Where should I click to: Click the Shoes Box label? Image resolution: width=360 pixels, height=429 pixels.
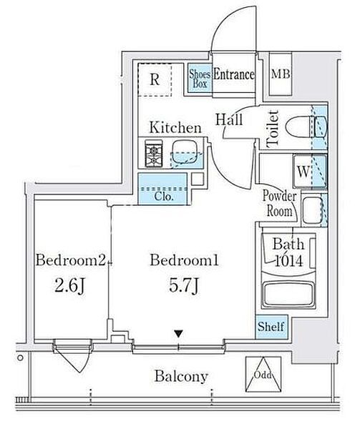coord(200,79)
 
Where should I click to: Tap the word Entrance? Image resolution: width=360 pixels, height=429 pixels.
coord(233,74)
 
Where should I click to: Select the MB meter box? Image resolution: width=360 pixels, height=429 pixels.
coord(281,74)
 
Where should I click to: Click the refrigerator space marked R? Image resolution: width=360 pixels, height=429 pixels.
coord(155,79)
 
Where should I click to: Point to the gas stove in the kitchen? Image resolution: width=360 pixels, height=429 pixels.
coord(154,154)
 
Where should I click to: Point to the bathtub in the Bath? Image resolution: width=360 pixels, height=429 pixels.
coord(288,295)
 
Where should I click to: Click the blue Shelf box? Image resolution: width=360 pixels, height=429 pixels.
coord(271,327)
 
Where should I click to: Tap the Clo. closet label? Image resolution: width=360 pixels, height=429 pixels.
coord(164,197)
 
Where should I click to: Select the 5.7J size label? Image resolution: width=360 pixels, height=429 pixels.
coord(183,286)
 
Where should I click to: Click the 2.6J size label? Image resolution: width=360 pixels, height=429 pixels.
coord(70,286)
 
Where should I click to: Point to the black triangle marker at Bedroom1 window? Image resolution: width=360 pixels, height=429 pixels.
coord(178,333)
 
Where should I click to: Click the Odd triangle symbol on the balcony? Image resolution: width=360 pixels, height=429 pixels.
coord(263,375)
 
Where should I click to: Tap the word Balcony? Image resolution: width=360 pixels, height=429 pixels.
coord(181,377)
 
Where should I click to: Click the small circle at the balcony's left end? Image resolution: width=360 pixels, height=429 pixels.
coord(20,357)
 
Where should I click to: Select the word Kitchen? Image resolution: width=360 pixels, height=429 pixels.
coord(175,128)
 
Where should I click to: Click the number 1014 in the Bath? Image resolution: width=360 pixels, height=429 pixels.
coord(288,261)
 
